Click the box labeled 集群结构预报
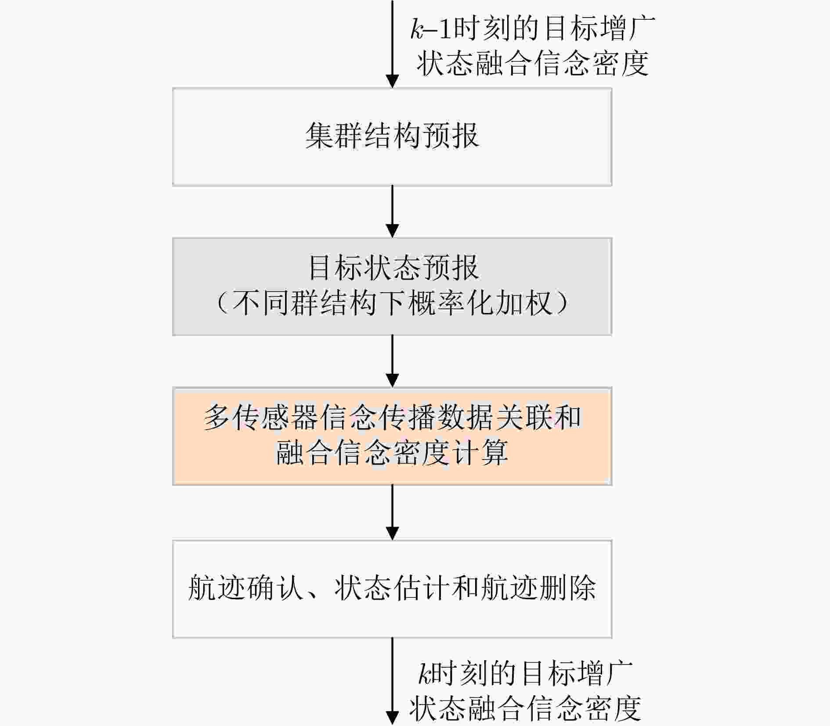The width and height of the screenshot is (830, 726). (392, 137)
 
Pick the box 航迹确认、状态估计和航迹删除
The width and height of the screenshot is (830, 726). (392, 589)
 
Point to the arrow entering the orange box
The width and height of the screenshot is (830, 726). (392, 361)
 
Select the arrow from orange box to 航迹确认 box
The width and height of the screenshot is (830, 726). (392, 512)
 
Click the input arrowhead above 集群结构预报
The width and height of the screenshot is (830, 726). (392, 81)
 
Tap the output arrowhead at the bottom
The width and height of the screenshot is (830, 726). (392, 717)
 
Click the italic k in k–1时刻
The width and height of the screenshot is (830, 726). (416, 29)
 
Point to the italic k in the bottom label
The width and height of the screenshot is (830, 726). (424, 674)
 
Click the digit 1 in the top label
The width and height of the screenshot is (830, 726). (445, 29)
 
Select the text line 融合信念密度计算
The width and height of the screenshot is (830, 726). (392, 453)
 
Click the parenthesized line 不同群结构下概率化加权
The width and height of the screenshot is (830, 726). (392, 303)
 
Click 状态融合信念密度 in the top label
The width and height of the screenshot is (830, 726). (532, 64)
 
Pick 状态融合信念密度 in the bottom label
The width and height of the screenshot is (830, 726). (525, 708)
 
